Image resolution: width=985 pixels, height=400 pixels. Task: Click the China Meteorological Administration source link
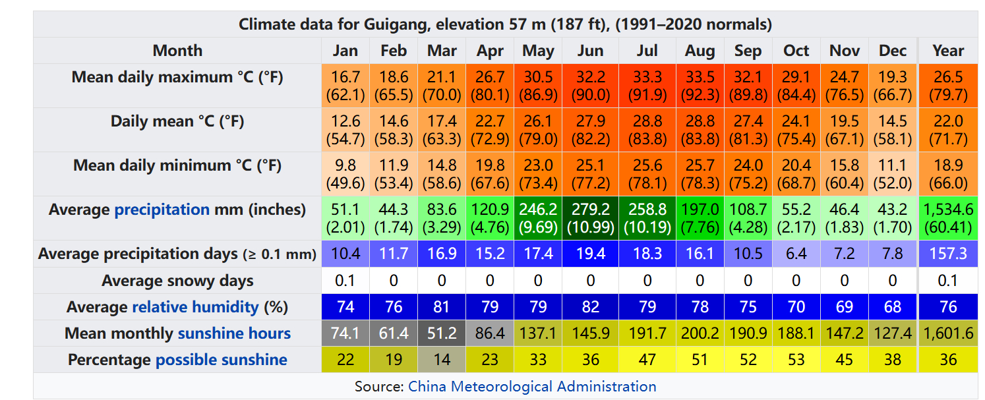pos(532,386)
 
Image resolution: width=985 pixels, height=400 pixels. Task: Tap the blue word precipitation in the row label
pos(162,210)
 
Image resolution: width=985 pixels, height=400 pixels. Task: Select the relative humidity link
pos(195,307)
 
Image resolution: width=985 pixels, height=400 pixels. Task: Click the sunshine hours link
pos(234,333)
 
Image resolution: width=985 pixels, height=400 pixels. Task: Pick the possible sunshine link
pos(221,360)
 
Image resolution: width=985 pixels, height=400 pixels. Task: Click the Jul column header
pos(647,51)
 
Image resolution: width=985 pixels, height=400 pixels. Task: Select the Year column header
pos(948,51)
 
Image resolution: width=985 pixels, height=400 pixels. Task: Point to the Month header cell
pos(177,51)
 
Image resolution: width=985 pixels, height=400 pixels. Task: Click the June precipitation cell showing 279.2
pos(591,218)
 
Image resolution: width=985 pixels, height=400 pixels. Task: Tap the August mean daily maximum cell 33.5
pos(700,86)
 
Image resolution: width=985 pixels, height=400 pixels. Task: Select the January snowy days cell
pos(345,281)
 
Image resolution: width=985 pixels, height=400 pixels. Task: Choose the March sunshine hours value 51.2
pos(442,333)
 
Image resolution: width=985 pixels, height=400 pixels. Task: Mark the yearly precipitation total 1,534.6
pos(948,218)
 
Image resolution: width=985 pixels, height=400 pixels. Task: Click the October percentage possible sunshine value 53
pos(796,360)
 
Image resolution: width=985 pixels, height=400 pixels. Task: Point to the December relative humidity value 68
pos(893,307)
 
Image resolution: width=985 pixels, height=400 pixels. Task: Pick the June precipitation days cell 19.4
pos(591,254)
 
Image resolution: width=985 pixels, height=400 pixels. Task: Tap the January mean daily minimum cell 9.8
pos(345,174)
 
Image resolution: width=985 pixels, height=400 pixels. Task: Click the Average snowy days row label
pos(177,281)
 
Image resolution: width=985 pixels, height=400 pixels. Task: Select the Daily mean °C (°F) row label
pos(177,121)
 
